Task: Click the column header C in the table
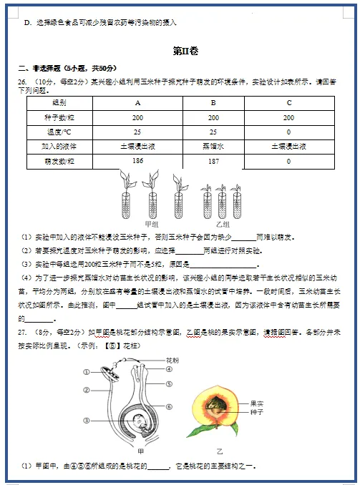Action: [288, 103]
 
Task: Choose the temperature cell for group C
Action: [288, 132]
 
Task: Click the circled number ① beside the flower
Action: [86, 371]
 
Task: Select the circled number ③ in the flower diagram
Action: [86, 421]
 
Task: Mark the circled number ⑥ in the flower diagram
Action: [169, 407]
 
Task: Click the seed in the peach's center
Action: [215, 408]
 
